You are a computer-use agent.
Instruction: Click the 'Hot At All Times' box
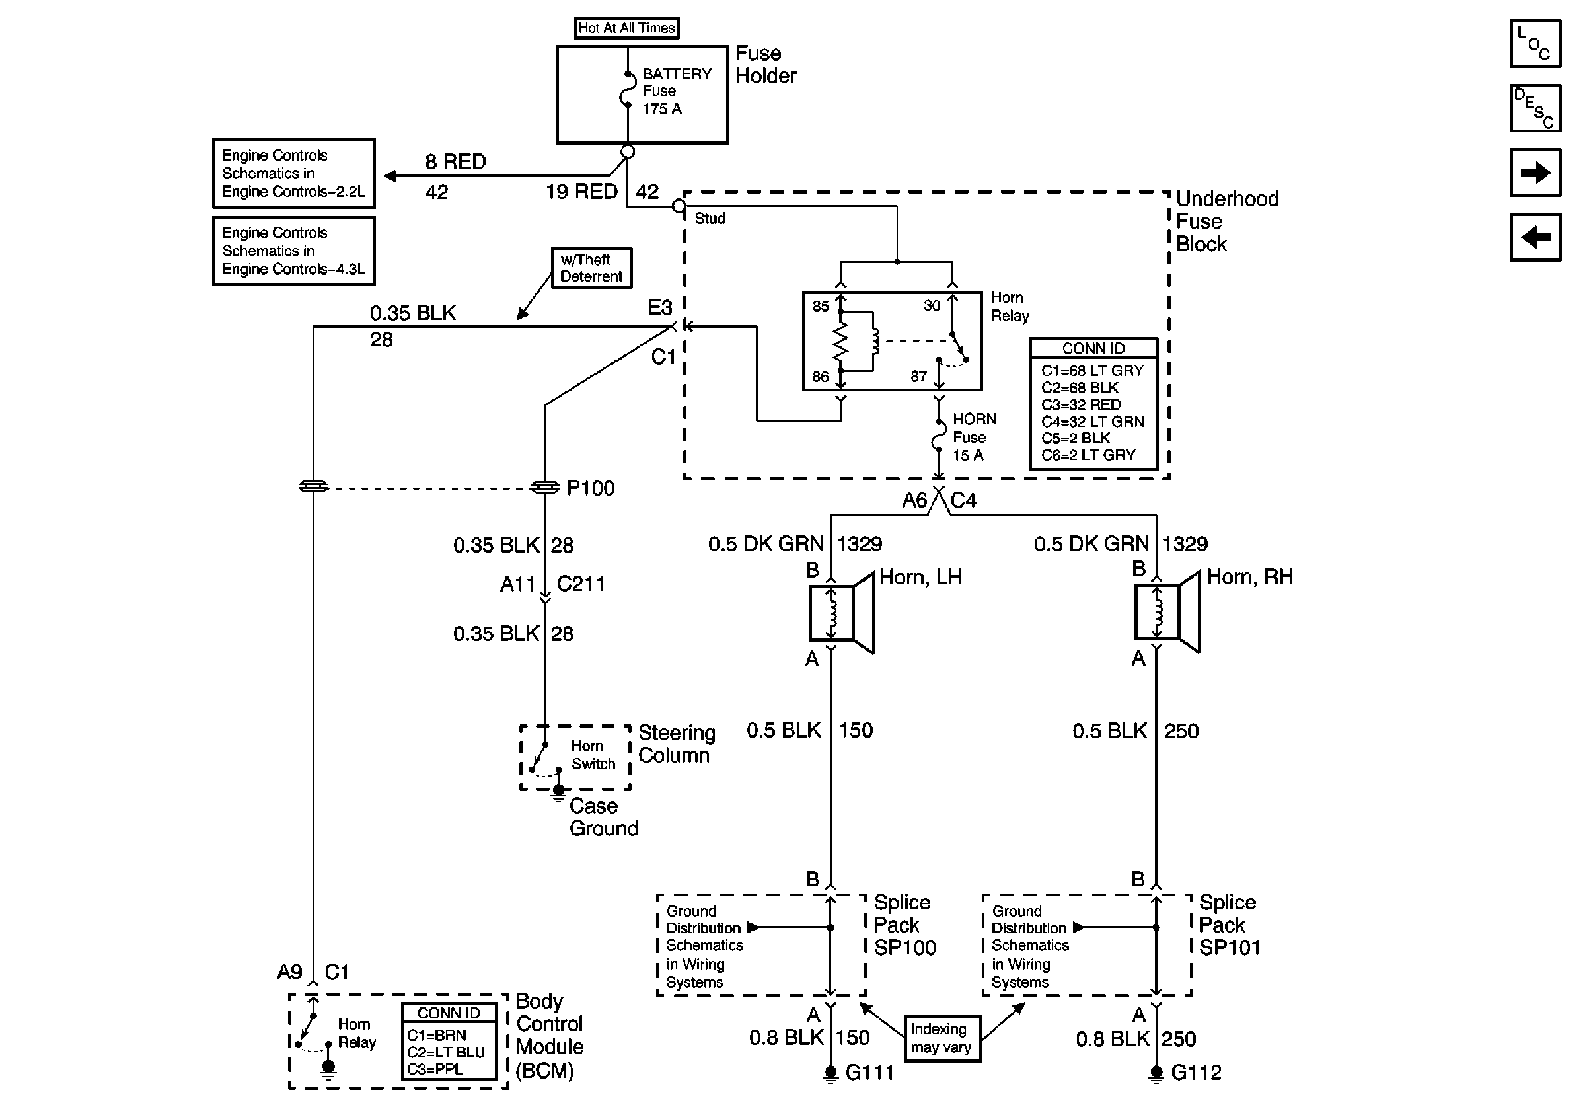[x=626, y=28]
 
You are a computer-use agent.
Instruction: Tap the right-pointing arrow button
[x=1535, y=173]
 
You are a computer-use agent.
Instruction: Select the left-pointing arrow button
[x=1535, y=238]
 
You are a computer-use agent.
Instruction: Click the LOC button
[x=1535, y=44]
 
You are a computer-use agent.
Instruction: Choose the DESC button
[x=1535, y=108]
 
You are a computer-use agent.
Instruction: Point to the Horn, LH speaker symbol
[x=842, y=613]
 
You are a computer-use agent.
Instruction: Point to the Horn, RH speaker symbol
[x=1167, y=613]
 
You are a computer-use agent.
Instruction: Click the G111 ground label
[x=869, y=1072]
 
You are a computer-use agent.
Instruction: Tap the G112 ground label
[x=1196, y=1072]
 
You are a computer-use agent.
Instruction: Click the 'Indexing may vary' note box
[x=941, y=1038]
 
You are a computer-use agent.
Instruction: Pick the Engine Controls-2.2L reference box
[x=294, y=174]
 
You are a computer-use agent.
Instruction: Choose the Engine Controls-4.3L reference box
[x=294, y=251]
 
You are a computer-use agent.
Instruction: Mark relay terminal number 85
[x=821, y=306]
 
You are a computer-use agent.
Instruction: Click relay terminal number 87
[x=918, y=377]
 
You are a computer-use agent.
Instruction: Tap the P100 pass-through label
[x=590, y=488]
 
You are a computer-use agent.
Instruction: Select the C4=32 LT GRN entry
[x=1092, y=422]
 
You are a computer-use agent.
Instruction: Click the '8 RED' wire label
[x=455, y=162]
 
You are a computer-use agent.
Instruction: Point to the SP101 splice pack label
[x=1230, y=948]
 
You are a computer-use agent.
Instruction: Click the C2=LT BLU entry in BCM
[x=446, y=1052]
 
